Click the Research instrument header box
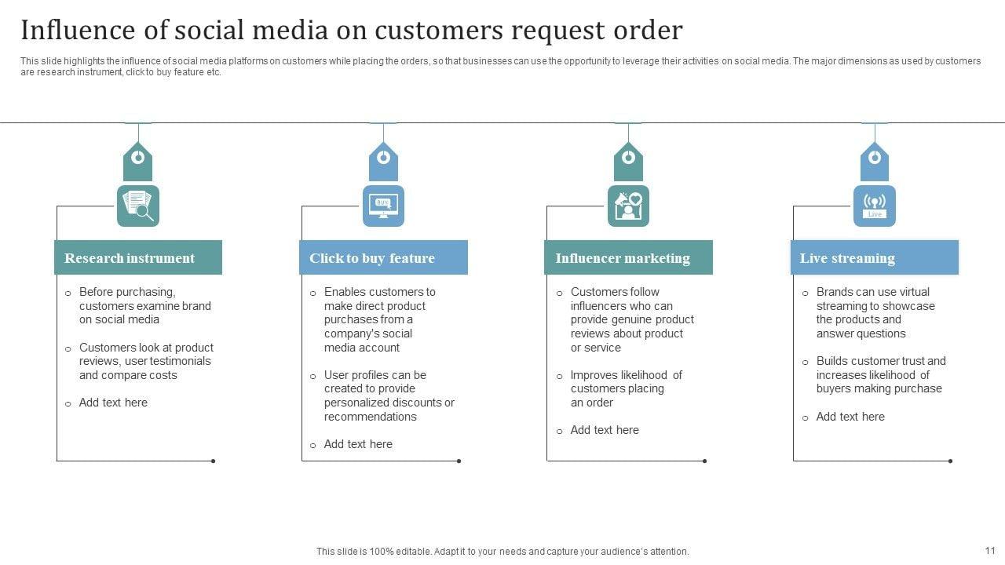point(137,257)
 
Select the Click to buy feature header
point(383,257)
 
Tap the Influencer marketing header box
point(628,257)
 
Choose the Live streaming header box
point(874,257)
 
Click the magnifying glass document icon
point(138,206)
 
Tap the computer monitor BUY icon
point(383,206)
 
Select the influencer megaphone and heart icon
point(628,206)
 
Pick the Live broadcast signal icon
point(874,206)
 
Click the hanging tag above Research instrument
point(138,161)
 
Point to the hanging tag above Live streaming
point(874,161)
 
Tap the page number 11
point(989,551)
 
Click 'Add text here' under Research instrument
point(113,403)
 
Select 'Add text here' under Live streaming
point(850,417)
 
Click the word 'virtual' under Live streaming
point(915,292)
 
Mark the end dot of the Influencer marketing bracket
point(704,461)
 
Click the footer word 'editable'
point(407,552)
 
